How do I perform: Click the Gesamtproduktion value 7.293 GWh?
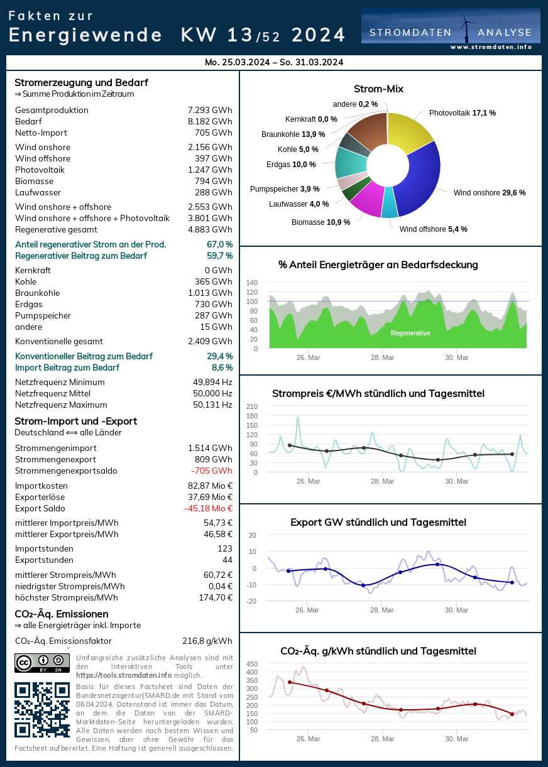click(x=210, y=110)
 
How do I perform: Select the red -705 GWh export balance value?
click(x=212, y=471)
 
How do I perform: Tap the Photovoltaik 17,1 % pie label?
click(x=463, y=113)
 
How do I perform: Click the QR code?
click(x=42, y=710)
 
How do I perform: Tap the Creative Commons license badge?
click(x=42, y=663)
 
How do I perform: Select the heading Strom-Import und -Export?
click(x=75, y=421)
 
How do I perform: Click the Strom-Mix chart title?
click(x=378, y=89)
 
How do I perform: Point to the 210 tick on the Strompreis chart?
click(x=252, y=406)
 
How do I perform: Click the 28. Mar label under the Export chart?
click(x=382, y=610)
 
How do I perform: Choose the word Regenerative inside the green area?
click(x=410, y=333)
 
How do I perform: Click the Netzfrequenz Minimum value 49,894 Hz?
click(x=212, y=382)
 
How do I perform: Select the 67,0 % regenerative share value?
click(x=219, y=244)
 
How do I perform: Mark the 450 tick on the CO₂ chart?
click(x=252, y=664)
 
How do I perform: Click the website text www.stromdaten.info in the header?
click(x=491, y=47)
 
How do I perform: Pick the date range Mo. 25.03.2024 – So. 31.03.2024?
click(x=274, y=62)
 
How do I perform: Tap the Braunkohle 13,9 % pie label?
click(x=293, y=134)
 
